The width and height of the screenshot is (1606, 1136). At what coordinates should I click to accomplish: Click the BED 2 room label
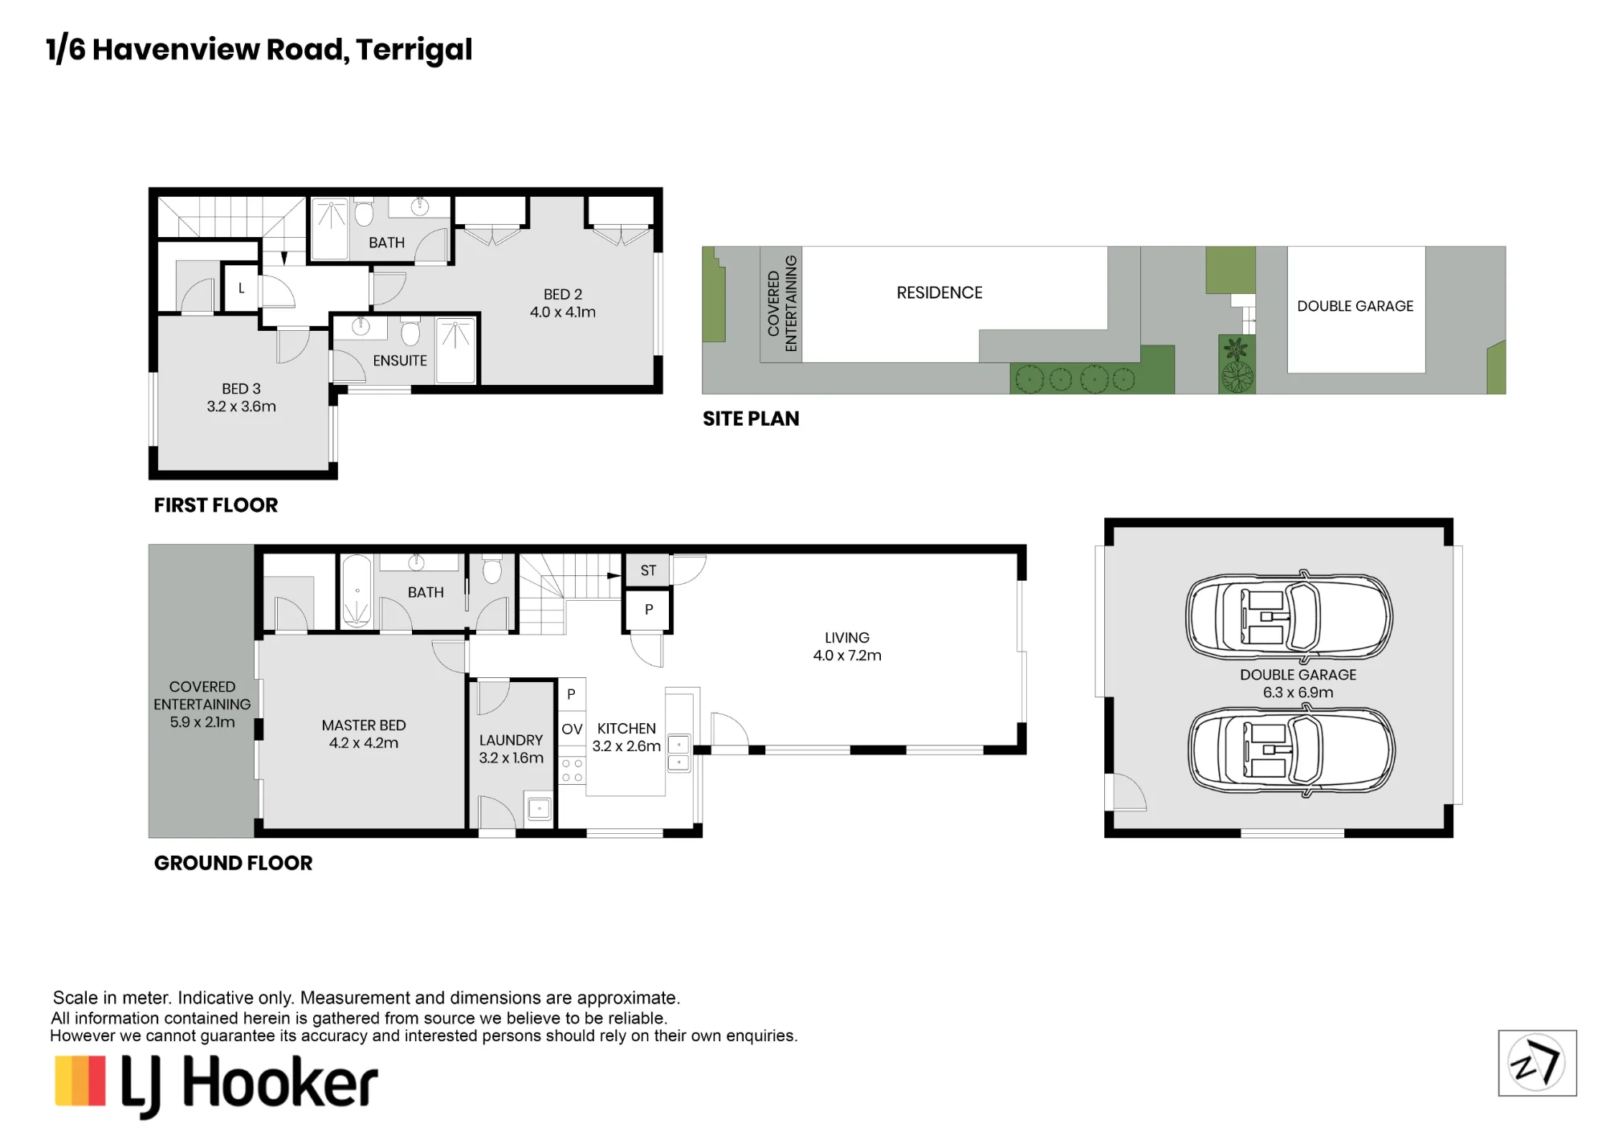[562, 294]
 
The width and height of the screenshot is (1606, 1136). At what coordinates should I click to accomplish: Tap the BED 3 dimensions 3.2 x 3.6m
[241, 407]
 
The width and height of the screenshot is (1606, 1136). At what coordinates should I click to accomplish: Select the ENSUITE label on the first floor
[400, 361]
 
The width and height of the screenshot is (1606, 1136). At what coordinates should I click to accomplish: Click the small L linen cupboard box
[241, 288]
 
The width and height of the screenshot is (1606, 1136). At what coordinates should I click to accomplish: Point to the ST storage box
[648, 570]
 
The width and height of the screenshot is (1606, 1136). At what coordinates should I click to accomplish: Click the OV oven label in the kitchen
[572, 729]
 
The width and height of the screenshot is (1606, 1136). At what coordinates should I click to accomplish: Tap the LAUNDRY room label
[511, 740]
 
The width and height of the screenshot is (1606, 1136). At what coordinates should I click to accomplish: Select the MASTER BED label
[364, 725]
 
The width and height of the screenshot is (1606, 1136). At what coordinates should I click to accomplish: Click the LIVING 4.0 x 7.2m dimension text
[847, 656]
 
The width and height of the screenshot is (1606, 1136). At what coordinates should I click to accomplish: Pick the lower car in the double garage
[1291, 750]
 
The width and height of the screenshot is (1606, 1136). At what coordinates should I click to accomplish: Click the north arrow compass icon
[1537, 1063]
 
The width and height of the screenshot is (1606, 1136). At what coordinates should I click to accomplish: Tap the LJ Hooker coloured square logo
[80, 1081]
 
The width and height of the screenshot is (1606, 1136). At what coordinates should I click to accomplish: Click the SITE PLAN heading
[751, 419]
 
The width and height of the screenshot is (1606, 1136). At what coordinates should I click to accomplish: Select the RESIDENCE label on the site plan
[940, 292]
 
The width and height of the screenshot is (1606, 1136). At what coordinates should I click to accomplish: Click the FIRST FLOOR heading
[216, 505]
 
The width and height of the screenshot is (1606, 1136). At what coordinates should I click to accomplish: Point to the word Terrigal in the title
[414, 50]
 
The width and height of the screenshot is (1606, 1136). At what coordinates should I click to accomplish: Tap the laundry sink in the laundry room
[539, 808]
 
